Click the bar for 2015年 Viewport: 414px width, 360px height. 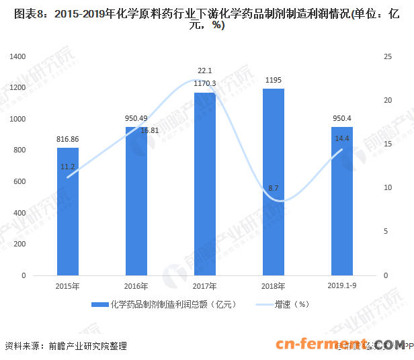coord(68,212)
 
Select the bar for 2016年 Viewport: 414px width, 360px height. coord(136,201)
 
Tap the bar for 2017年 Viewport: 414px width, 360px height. coord(205,184)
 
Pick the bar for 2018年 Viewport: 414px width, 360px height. coord(273,182)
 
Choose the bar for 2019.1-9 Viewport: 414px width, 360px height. coord(341,201)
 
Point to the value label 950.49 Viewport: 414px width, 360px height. coord(136,118)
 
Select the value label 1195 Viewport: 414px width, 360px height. coord(273,80)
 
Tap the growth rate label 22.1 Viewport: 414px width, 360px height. coord(205,71)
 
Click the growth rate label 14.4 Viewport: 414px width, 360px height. coord(341,138)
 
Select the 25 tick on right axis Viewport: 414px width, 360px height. coord(384,56)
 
